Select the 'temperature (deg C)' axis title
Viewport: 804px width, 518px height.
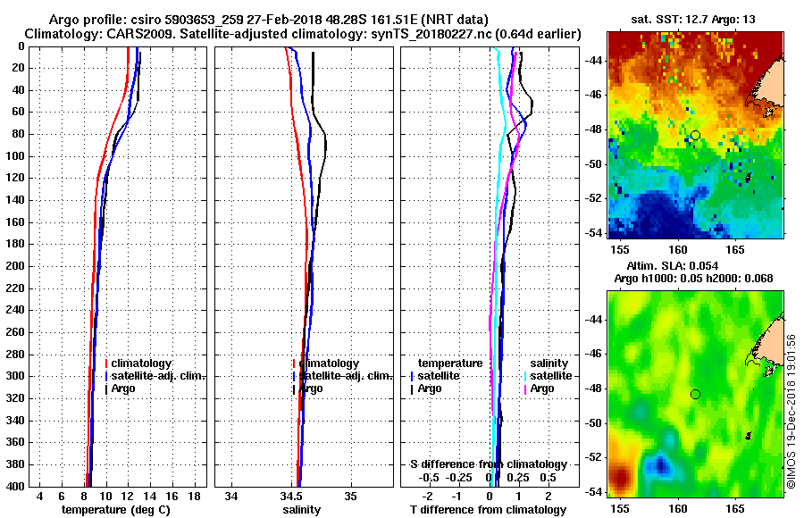pyautogui.click(x=115, y=509)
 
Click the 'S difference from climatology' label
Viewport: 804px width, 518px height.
pyautogui.click(x=489, y=464)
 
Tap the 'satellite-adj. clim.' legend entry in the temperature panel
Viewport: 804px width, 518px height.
pyautogui.click(x=157, y=376)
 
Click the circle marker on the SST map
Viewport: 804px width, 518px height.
pyautogui.click(x=695, y=135)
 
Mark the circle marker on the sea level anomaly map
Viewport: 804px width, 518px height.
pyautogui.click(x=695, y=394)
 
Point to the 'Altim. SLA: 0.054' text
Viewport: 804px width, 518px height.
pyautogui.click(x=684, y=267)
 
